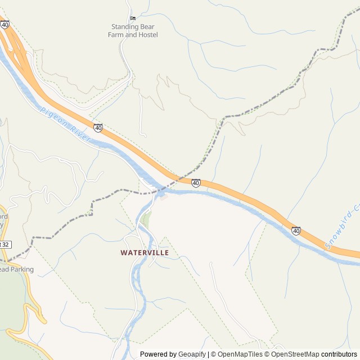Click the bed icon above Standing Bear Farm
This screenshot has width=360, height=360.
coord(133,18)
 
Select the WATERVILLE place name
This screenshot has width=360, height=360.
coord(145,253)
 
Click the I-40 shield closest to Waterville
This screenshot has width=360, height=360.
coord(196,183)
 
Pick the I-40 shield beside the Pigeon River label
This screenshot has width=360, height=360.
coord(98,128)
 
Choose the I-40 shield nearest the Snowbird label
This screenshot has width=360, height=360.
coord(296,231)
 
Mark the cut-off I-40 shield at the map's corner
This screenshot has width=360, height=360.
coord(4,25)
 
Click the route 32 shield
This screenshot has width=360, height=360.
coord(5,245)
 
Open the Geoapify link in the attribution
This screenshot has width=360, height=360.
coord(192,354)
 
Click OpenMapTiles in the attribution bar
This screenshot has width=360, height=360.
coord(240,354)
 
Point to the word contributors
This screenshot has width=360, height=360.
coord(339,354)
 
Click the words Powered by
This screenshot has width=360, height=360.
coord(158,354)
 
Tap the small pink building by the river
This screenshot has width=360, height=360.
coord(164,196)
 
